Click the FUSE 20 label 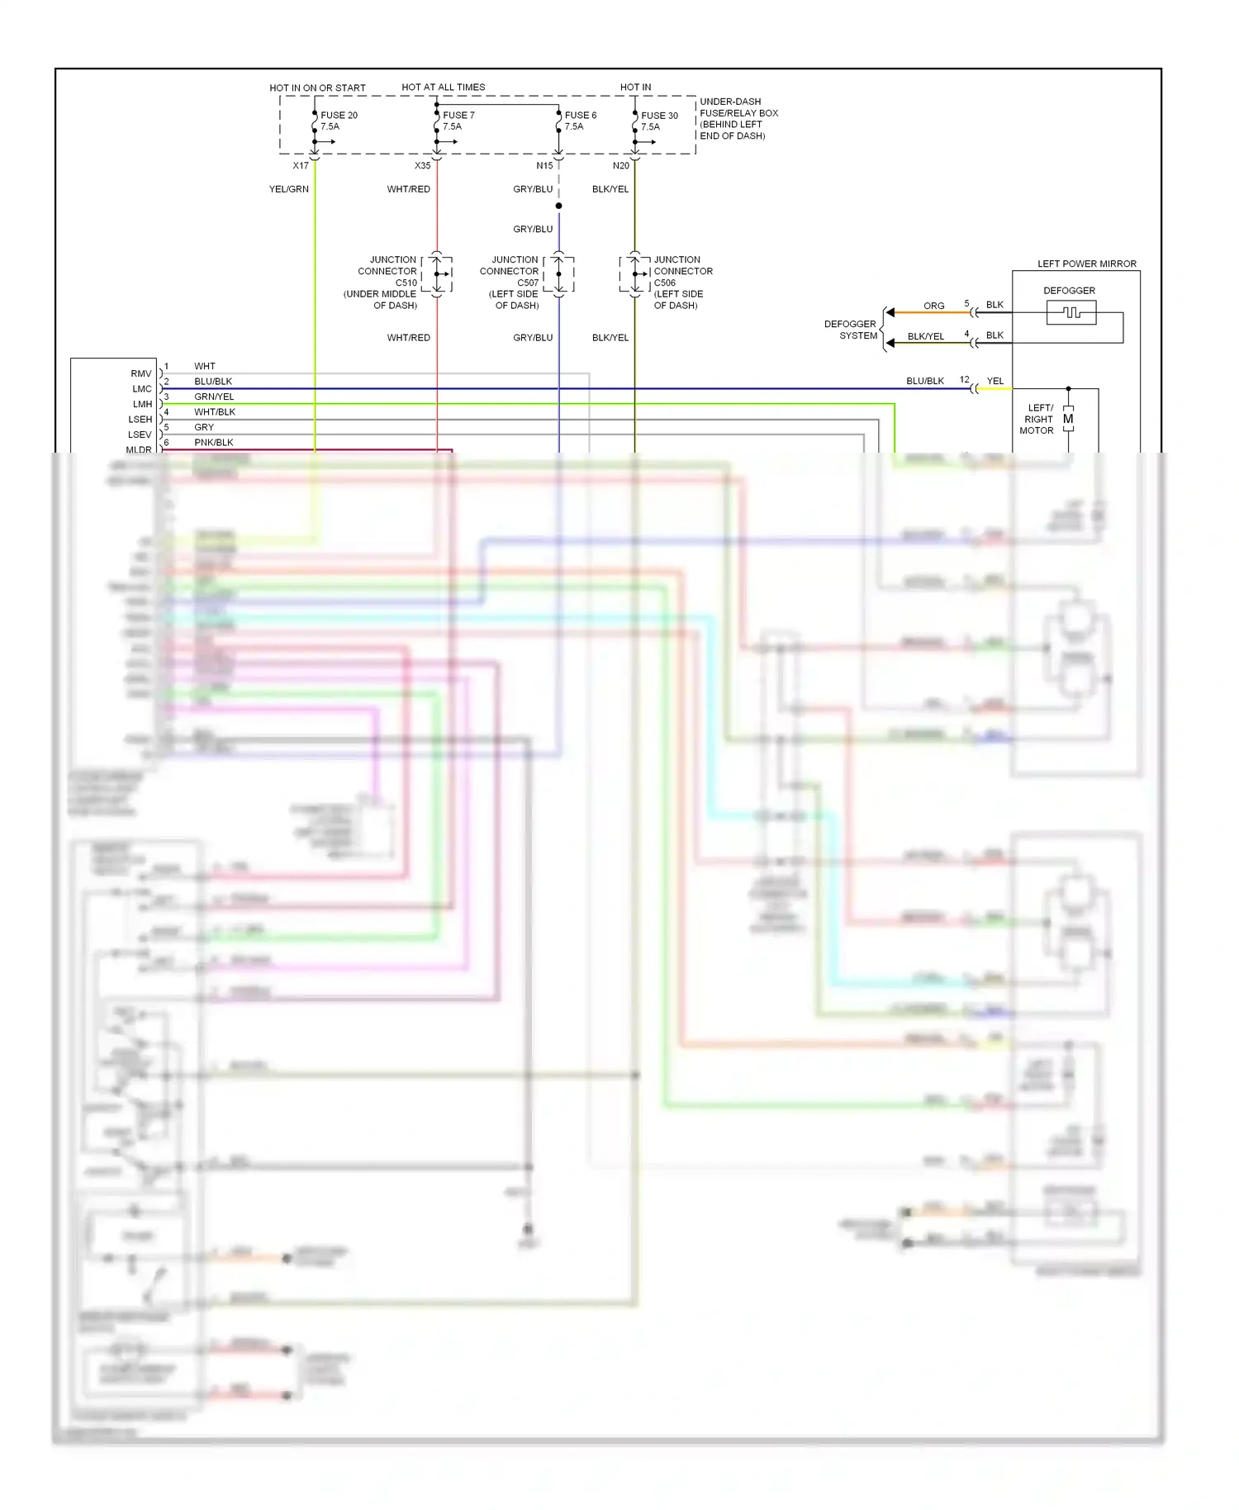(x=339, y=116)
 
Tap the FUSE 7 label (x=458, y=116)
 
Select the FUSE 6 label (x=580, y=116)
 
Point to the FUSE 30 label (x=659, y=116)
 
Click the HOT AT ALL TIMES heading (x=443, y=88)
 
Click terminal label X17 (x=301, y=166)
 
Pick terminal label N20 (x=620, y=166)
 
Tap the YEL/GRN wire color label (x=288, y=189)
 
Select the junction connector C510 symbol (x=437, y=274)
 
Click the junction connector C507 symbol (x=559, y=274)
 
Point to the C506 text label (x=665, y=283)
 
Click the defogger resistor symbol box (x=1071, y=312)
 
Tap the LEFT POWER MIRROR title (x=1086, y=264)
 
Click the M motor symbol (x=1068, y=420)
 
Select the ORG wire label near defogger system (x=933, y=306)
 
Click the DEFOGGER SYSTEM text (x=851, y=330)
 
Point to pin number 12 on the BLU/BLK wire (x=964, y=380)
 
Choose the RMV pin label (x=141, y=374)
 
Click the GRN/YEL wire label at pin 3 (x=214, y=396)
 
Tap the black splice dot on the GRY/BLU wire (x=559, y=206)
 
